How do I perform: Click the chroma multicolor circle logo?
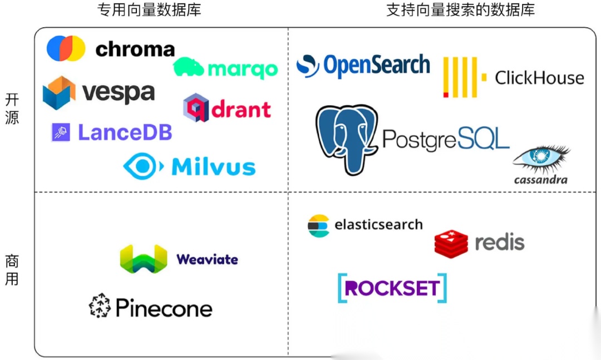pyautogui.click(x=66, y=48)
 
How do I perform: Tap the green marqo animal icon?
pyautogui.click(x=189, y=67)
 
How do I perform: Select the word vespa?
pyautogui.click(x=119, y=92)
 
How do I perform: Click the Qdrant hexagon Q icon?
pyautogui.click(x=196, y=107)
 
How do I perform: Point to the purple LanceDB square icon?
pyautogui.click(x=61, y=132)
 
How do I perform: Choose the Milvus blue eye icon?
pyautogui.click(x=142, y=166)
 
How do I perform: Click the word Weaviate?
pyautogui.click(x=207, y=259)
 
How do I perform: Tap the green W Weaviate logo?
pyautogui.click(x=144, y=259)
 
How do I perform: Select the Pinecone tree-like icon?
pyautogui.click(x=100, y=306)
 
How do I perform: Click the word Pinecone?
pyautogui.click(x=164, y=308)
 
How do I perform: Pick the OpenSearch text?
pyautogui.click(x=377, y=66)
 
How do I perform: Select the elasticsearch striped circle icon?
pyautogui.click(x=319, y=225)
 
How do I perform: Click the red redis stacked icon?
pyautogui.click(x=451, y=243)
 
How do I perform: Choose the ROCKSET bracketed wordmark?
pyautogui.click(x=392, y=288)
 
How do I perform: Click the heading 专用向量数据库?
pyautogui.click(x=149, y=10)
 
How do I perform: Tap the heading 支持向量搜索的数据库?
pyautogui.click(x=460, y=10)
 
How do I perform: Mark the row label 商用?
pyautogui.click(x=12, y=269)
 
